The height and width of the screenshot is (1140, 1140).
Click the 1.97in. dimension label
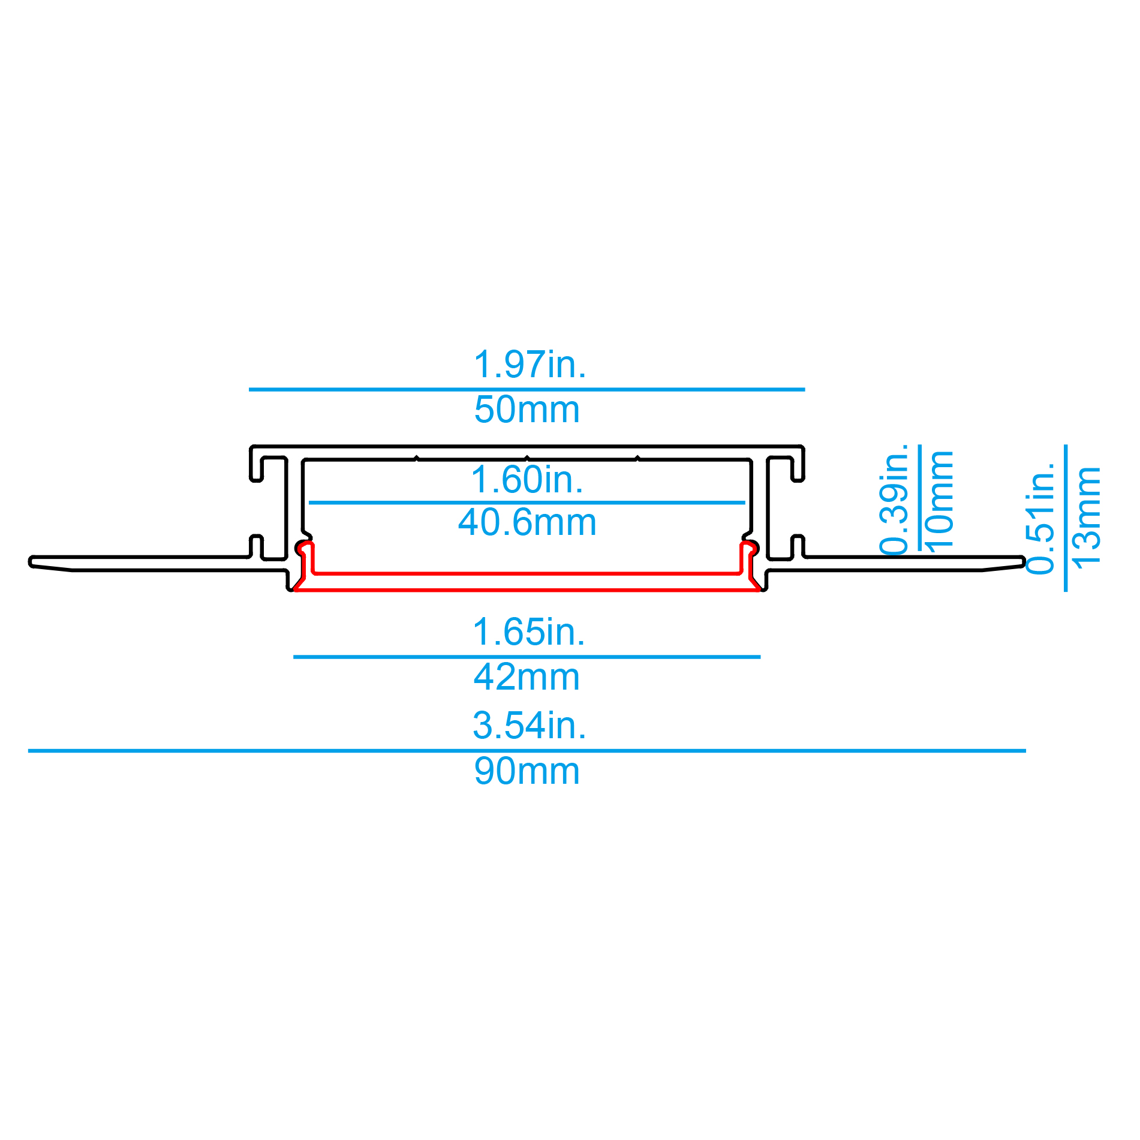(x=530, y=364)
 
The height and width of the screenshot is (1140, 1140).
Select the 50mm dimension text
(x=527, y=410)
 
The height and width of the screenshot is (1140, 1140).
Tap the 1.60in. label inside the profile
(x=528, y=480)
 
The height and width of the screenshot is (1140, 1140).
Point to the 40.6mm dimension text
(x=527, y=522)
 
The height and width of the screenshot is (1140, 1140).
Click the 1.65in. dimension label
(x=528, y=632)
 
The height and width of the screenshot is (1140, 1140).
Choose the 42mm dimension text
(x=527, y=677)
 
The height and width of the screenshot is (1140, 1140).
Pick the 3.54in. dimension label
(x=530, y=726)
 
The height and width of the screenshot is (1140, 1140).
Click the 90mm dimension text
(x=527, y=771)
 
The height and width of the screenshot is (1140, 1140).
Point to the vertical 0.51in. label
(x=1040, y=519)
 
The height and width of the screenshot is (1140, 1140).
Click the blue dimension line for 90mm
(x=527, y=751)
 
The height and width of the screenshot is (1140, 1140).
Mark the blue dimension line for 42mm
(x=527, y=657)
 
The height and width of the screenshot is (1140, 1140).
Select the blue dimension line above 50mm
(x=527, y=390)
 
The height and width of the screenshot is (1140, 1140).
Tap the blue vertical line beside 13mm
(x=1066, y=518)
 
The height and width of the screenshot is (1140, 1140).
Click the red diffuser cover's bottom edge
(x=527, y=590)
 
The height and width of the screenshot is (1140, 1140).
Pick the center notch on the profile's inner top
(x=527, y=458)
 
